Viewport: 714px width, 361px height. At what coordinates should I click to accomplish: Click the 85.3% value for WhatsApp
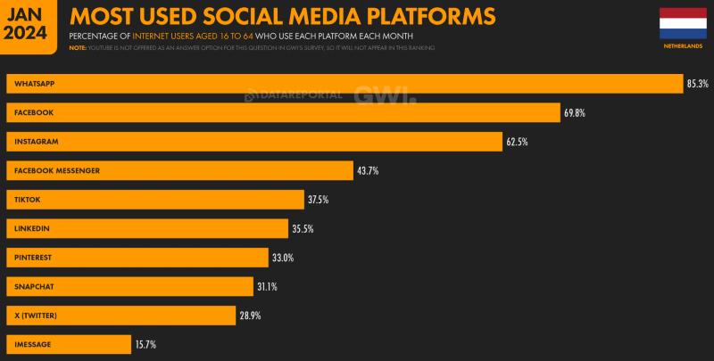[x=697, y=84]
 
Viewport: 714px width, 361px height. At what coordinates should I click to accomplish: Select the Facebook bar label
[x=35, y=113]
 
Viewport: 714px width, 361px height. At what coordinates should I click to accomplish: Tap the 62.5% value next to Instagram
[x=519, y=142]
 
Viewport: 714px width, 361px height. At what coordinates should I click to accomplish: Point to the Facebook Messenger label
[x=55, y=170]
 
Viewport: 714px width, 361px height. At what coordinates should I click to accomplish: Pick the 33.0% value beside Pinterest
[x=283, y=258]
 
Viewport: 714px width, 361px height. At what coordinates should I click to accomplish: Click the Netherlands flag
[x=682, y=23]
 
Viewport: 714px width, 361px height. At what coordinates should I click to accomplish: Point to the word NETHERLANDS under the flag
[x=682, y=45]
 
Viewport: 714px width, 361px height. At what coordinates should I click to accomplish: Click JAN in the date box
[x=27, y=12]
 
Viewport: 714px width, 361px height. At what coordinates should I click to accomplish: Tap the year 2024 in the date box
[x=27, y=33]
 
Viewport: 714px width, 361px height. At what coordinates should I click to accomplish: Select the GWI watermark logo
[x=384, y=94]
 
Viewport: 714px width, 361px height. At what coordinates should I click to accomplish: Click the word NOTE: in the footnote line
[x=78, y=47]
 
